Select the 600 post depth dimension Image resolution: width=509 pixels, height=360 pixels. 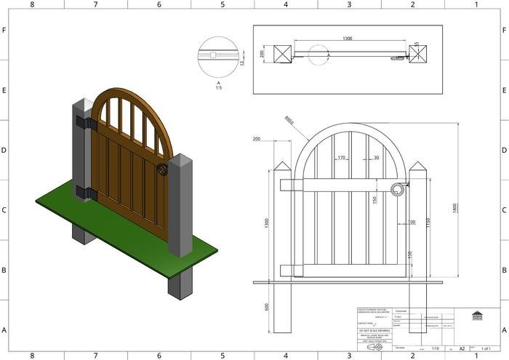pyautogui.click(x=267, y=307)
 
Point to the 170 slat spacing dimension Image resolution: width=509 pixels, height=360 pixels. pyautogui.click(x=341, y=157)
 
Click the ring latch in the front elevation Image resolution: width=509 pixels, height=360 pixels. pyautogui.click(x=397, y=190)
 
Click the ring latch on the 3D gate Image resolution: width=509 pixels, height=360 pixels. pyautogui.click(x=162, y=170)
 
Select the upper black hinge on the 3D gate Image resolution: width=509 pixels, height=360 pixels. pyautogui.click(x=87, y=123)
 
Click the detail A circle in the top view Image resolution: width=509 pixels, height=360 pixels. pyautogui.click(x=318, y=55)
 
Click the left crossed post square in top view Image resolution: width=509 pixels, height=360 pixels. pyautogui.click(x=283, y=53)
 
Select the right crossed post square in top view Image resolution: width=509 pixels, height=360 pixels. pyautogui.click(x=418, y=54)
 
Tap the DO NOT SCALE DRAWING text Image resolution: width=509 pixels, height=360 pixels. pyautogui.click(x=374, y=331)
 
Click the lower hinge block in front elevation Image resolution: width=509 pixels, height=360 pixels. pyautogui.click(x=290, y=270)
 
